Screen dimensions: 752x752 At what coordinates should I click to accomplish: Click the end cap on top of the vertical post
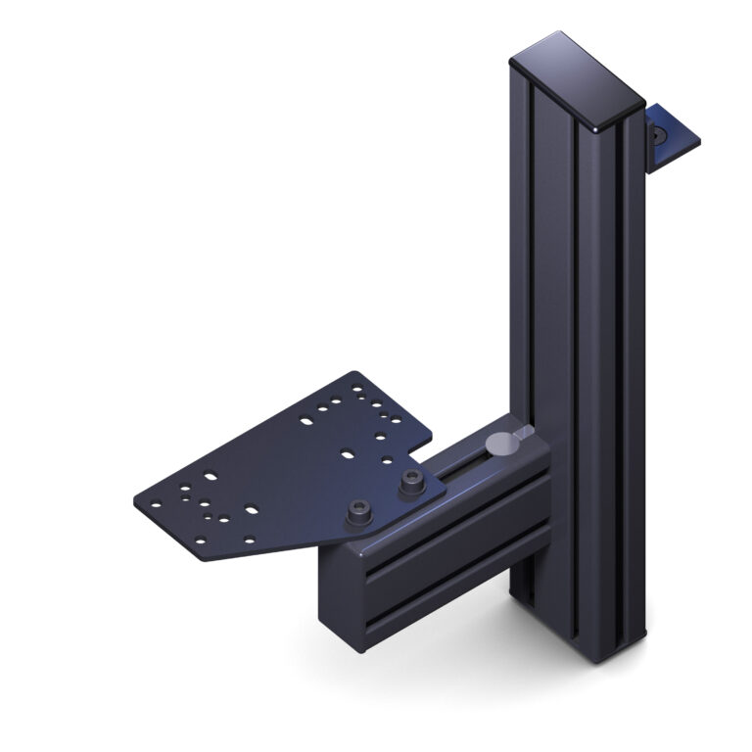click(x=576, y=78)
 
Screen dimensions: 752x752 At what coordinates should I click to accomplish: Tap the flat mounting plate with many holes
click(x=284, y=470)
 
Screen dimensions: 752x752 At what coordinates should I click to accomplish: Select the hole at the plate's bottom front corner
click(x=202, y=541)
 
